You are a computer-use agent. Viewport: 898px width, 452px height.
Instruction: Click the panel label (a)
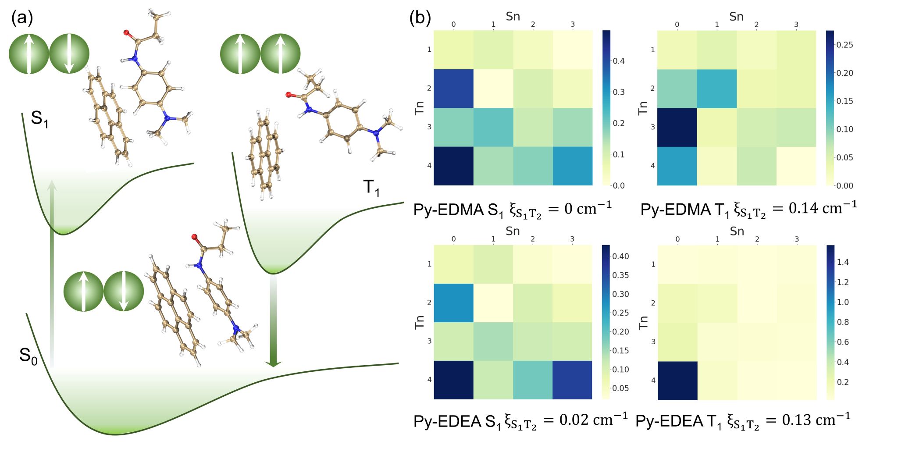[x=22, y=18]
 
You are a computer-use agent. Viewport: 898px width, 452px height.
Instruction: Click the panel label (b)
[x=420, y=18]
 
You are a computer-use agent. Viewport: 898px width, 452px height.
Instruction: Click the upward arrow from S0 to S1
[x=52, y=272]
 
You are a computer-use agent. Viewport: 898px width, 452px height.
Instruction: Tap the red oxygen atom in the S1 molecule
[x=127, y=32]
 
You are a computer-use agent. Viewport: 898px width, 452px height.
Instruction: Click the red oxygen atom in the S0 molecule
[x=194, y=237]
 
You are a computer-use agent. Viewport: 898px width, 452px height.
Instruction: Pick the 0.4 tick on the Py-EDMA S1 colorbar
[x=618, y=61]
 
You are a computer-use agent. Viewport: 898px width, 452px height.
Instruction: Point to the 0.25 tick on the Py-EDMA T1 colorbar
[x=845, y=45]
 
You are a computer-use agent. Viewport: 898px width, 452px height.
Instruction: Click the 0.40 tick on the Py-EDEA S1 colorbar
[x=620, y=256]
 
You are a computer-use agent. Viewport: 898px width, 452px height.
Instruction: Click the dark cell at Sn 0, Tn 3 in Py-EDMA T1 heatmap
[x=677, y=127]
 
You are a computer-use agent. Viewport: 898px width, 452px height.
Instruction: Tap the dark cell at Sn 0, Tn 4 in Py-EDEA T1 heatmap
[x=677, y=381]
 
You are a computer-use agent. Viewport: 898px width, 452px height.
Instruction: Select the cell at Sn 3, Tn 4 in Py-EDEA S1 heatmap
[x=572, y=380]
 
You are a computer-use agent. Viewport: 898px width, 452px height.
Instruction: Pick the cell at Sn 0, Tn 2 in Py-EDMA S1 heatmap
[x=454, y=88]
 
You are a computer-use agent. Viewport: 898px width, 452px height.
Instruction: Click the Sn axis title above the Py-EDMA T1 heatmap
[x=736, y=17]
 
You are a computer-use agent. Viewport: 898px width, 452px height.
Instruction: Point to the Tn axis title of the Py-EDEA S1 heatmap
[x=420, y=322]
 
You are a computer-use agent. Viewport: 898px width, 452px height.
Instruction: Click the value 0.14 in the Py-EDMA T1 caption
[x=801, y=208]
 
